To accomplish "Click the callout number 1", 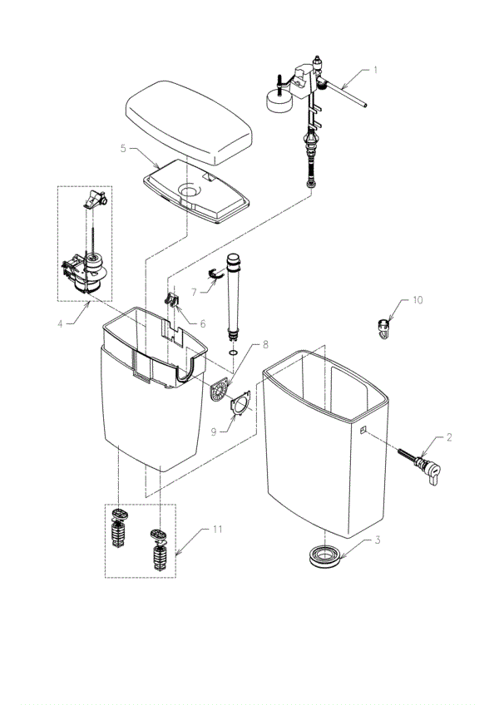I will click(x=375, y=71).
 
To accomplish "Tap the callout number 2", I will click(x=448, y=437).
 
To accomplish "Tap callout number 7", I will click(x=193, y=292).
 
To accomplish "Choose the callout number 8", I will click(x=265, y=344).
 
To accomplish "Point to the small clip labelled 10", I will click(x=382, y=327).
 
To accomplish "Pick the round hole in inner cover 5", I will click(x=190, y=191).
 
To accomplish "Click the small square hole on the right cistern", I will click(x=364, y=430).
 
